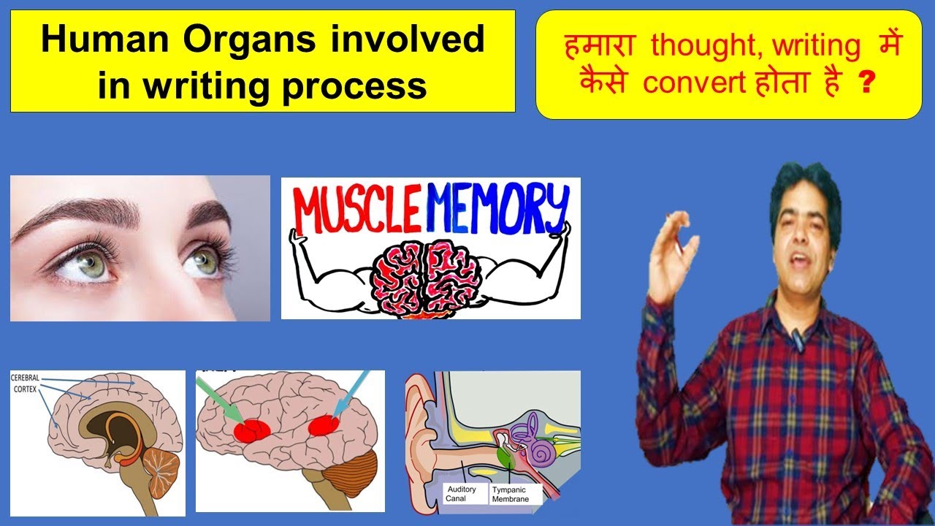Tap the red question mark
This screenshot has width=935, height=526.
(867, 82)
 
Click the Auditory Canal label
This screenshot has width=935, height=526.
(461, 493)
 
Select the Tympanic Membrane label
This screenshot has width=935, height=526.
(516, 493)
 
